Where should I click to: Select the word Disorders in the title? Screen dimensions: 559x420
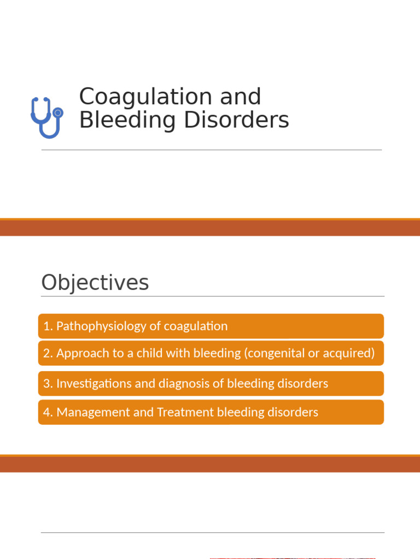point(236,120)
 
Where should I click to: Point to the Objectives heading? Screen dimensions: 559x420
point(95,283)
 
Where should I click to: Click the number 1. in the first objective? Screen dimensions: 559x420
point(48,326)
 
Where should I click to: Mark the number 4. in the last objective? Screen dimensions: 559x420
point(48,412)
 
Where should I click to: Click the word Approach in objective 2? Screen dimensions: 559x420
point(78,353)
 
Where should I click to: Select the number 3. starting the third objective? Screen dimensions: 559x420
point(48,383)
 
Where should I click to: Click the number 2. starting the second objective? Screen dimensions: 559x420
point(48,353)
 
